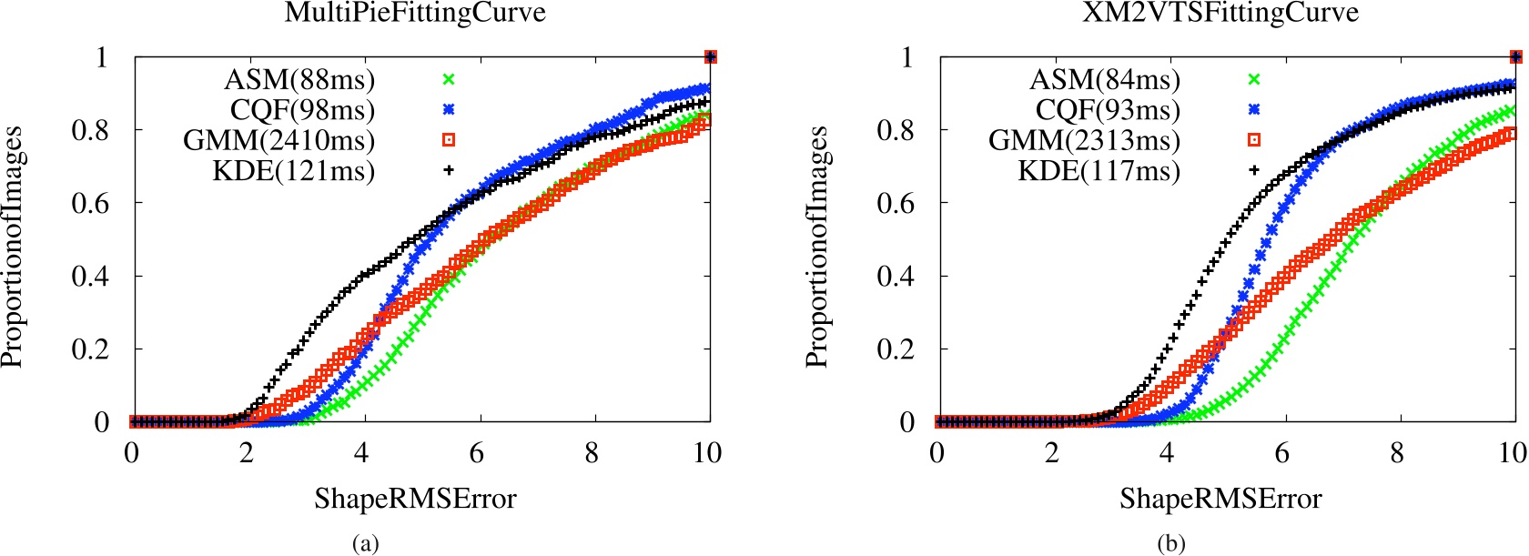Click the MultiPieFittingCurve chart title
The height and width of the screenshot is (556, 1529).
(x=415, y=13)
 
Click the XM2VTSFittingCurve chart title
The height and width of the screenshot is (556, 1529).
(x=1220, y=13)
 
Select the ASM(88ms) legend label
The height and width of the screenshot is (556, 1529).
(x=299, y=80)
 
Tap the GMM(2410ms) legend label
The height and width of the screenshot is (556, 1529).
(x=278, y=140)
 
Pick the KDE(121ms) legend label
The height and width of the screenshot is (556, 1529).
(x=293, y=170)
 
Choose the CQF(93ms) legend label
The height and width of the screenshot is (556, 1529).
(x=1108, y=110)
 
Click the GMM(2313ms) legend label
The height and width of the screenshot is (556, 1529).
(x=1084, y=140)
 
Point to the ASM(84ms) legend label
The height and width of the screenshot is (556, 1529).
(x=1105, y=80)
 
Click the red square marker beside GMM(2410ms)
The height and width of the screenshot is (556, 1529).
(x=448, y=139)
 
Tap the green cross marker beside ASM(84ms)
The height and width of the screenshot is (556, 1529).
(x=1253, y=79)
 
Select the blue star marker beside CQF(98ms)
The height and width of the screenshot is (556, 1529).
(x=448, y=109)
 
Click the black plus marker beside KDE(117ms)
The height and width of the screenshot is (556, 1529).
(x=1253, y=169)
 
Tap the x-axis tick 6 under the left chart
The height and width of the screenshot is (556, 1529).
(x=476, y=453)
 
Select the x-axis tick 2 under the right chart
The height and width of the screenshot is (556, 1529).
(x=1052, y=453)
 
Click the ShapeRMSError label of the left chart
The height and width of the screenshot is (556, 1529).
(x=415, y=499)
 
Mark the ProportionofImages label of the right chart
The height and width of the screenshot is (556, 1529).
(x=816, y=247)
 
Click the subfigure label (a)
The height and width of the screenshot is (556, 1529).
(x=365, y=544)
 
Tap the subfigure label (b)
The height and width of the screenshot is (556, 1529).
(x=1170, y=544)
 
